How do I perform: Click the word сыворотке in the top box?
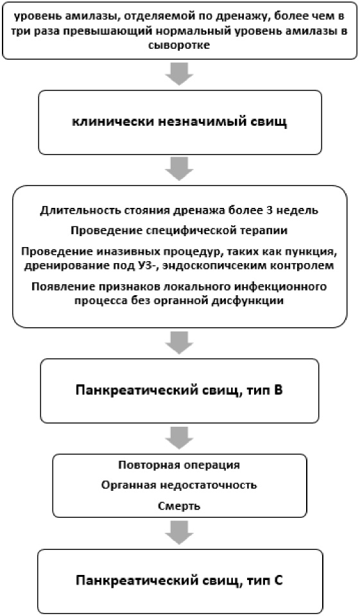pyautogui.click(x=179, y=46)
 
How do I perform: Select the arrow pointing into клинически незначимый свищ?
pyautogui.click(x=179, y=73)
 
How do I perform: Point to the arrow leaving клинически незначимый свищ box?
pyautogui.click(x=179, y=169)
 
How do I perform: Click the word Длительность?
pyautogui.click(x=78, y=210)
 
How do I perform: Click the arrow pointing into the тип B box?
pyautogui.click(x=179, y=343)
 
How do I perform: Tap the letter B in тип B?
pyautogui.click(x=279, y=391)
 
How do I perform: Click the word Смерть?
pyautogui.click(x=179, y=506)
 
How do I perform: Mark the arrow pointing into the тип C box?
pyautogui.click(x=179, y=533)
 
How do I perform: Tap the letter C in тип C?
pyautogui.click(x=279, y=581)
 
